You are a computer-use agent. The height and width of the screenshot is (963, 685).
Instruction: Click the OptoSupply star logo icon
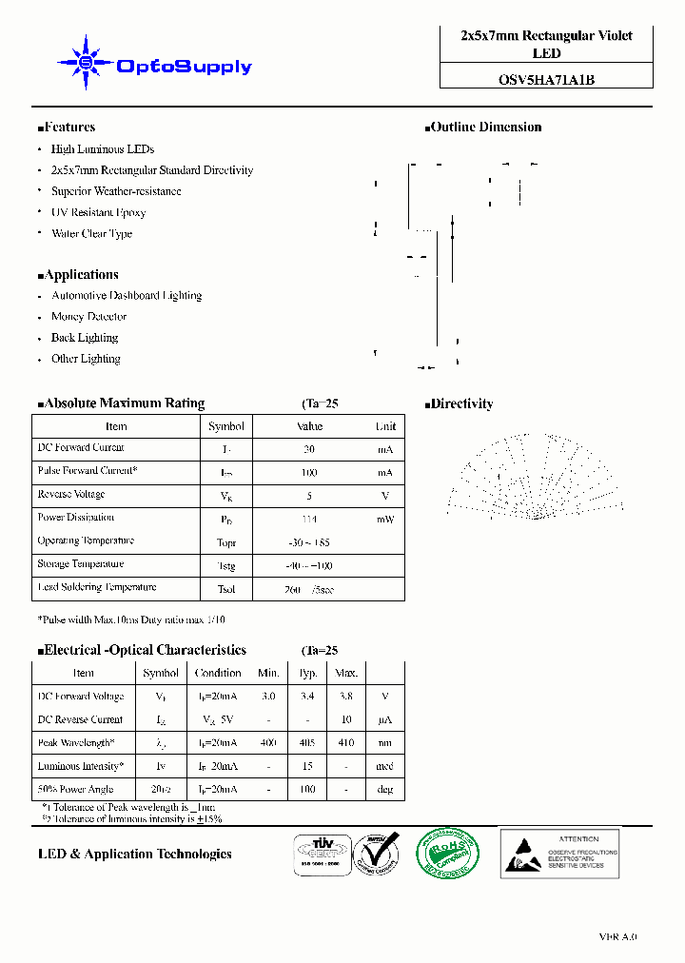coord(85,64)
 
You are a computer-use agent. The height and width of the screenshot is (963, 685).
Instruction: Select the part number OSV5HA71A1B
coord(546,80)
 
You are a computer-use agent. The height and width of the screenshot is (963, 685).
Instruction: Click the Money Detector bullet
coord(88,317)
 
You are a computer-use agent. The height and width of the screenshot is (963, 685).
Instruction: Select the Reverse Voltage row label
coord(71,495)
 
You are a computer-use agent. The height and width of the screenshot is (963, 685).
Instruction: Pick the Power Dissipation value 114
coord(309,520)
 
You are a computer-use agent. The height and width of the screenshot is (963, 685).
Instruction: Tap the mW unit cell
coord(384,520)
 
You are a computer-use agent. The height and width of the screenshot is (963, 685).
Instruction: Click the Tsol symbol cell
coord(226,590)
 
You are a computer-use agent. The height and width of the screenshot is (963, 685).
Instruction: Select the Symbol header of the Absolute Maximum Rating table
coord(226,426)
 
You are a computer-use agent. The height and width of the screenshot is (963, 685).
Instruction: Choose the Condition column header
coord(218,673)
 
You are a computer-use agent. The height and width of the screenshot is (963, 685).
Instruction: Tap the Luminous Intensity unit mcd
coord(384,767)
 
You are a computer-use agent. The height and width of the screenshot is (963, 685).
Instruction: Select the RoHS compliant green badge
coord(448,853)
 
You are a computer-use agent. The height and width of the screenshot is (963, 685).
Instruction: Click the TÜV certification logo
coord(319,851)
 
